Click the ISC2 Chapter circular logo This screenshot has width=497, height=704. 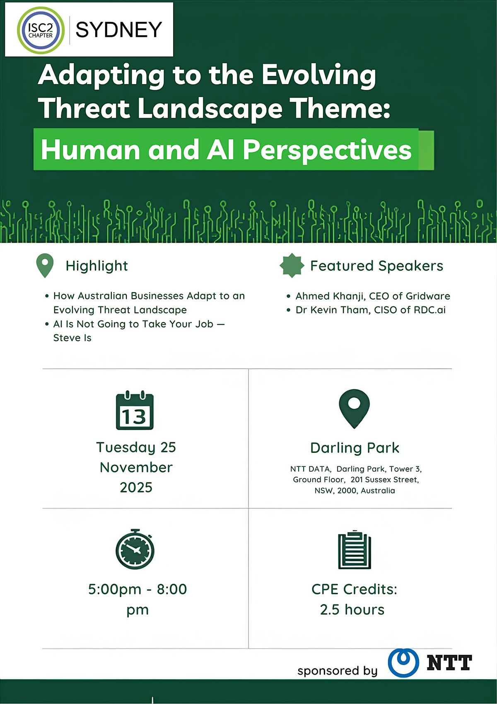(x=41, y=30)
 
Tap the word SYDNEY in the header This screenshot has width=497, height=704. (x=118, y=30)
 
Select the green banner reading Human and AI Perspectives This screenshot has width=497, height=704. (x=226, y=150)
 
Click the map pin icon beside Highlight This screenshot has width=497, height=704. (x=45, y=265)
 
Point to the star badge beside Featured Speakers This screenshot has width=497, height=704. (x=292, y=265)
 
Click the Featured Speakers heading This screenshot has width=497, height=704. (x=376, y=266)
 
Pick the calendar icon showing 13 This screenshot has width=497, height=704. (x=135, y=410)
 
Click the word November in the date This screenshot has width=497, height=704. (x=136, y=467)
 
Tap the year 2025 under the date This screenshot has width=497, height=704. (x=136, y=487)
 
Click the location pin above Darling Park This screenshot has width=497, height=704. (x=354, y=408)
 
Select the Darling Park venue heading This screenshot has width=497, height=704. (x=355, y=448)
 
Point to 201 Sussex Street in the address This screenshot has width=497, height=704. (x=384, y=480)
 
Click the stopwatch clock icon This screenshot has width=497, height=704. (x=135, y=549)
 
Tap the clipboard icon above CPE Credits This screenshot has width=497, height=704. (x=355, y=550)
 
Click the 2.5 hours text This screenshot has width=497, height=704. (x=352, y=609)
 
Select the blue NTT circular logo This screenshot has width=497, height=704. (x=403, y=663)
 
